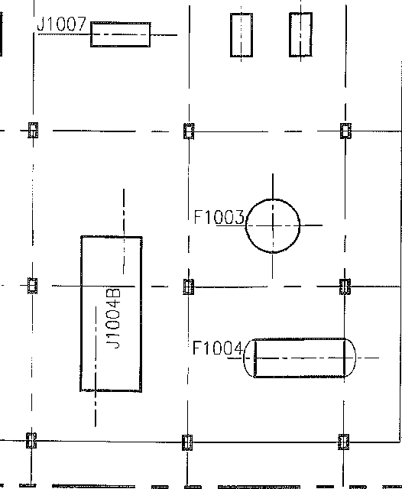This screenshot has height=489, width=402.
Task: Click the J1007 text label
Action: pyautogui.click(x=61, y=24)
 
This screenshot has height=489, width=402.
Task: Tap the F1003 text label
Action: pyautogui.click(x=219, y=217)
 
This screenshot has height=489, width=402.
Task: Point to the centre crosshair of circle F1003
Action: pyautogui.click(x=273, y=225)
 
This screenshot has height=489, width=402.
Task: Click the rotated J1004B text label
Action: pyautogui.click(x=113, y=318)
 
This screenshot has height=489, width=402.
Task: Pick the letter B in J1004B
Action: pyautogui.click(x=113, y=293)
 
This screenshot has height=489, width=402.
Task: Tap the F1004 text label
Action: pyautogui.click(x=218, y=348)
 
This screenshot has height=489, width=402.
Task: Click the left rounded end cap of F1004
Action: pyautogui.click(x=249, y=358)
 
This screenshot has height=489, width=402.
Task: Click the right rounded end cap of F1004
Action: pyautogui.click(x=350, y=358)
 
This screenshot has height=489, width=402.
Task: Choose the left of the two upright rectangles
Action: pyautogui.click(x=242, y=35)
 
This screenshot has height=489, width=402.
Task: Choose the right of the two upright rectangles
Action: pyautogui.click(x=300, y=34)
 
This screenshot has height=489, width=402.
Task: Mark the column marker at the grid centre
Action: pyautogui.click(x=188, y=287)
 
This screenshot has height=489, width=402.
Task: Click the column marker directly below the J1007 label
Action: pyautogui.click(x=33, y=130)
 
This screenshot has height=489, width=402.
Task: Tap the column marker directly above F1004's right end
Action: pyautogui.click(x=345, y=287)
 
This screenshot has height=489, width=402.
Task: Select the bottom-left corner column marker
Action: pyautogui.click(x=31, y=440)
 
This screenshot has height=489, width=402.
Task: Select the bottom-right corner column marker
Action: pyautogui.click(x=343, y=442)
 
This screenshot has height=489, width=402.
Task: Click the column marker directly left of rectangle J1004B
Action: pyautogui.click(x=32, y=285)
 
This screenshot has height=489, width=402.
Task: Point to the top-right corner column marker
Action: pyautogui.click(x=345, y=131)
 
